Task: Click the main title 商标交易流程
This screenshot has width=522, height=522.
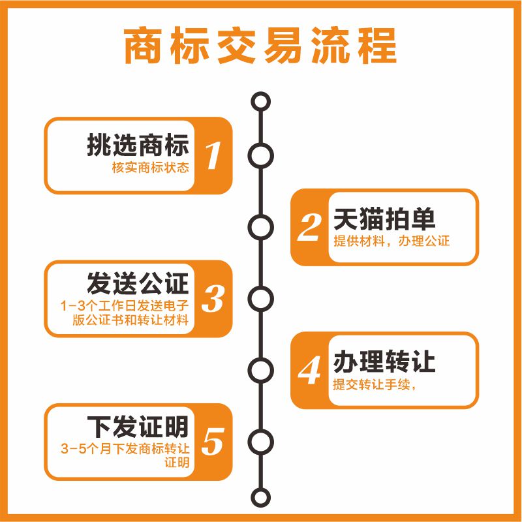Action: tap(260, 45)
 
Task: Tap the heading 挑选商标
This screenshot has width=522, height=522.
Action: tap(138, 144)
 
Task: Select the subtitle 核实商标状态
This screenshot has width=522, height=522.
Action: tap(151, 168)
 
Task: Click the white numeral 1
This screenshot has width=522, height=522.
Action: tap(213, 156)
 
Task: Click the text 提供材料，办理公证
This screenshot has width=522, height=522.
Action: tap(391, 241)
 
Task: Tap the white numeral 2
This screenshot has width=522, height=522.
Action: tap(309, 227)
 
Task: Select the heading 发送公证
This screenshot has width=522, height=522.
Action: tap(138, 284)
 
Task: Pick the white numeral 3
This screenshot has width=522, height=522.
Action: tap(213, 299)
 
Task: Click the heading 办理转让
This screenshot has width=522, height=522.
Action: tap(384, 361)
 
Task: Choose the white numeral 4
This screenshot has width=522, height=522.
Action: tap(309, 370)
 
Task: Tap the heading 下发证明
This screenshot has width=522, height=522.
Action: tap(138, 427)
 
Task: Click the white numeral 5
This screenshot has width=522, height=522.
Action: tap(213, 442)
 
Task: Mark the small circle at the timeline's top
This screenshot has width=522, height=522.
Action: tap(261, 102)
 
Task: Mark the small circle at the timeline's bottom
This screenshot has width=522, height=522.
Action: tap(261, 497)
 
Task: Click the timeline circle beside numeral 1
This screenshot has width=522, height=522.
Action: tap(261, 156)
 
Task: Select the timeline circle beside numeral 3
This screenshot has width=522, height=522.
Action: tap(261, 299)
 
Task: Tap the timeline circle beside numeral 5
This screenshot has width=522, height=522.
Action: tap(261, 442)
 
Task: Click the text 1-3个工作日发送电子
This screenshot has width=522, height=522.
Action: tap(124, 305)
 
